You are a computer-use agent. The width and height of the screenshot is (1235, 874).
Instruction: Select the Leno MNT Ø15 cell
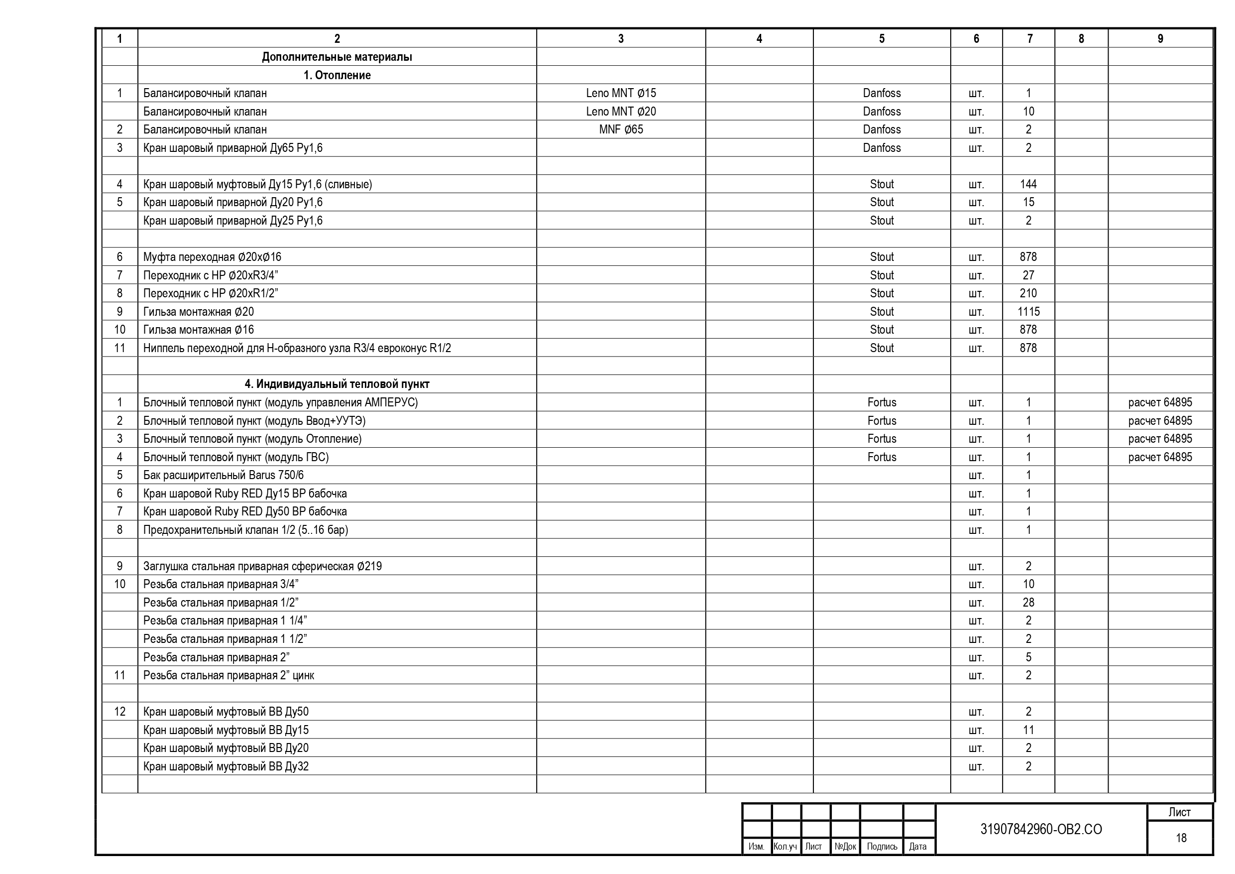click(x=621, y=93)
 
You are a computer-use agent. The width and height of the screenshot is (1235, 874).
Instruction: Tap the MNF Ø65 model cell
click(x=621, y=129)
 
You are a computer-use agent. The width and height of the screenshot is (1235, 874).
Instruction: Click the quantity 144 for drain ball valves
click(x=1028, y=184)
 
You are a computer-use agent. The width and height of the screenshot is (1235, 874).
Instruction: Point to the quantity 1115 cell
click(x=1028, y=312)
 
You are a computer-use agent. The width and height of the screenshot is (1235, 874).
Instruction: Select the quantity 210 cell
click(x=1028, y=293)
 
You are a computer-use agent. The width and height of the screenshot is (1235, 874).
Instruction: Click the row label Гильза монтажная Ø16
click(x=199, y=330)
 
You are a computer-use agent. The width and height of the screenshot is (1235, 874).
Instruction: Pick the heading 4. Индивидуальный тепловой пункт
click(x=337, y=384)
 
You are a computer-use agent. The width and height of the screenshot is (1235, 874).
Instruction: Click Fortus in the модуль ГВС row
click(x=882, y=457)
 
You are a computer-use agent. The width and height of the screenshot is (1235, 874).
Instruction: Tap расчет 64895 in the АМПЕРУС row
click(x=1160, y=402)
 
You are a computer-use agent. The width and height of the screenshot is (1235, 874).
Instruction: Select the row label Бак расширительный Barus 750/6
click(x=223, y=475)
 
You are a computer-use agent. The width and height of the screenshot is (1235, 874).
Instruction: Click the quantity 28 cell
click(x=1028, y=603)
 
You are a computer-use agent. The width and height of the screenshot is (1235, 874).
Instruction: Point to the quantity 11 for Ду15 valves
click(x=1028, y=730)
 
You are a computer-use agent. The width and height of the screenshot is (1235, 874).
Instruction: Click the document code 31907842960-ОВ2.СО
click(x=1041, y=829)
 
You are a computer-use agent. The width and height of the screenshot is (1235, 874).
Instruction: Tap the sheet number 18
click(x=1181, y=838)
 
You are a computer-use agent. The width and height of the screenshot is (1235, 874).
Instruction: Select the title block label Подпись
click(x=882, y=847)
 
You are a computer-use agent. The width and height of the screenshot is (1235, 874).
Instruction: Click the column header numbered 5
click(x=882, y=39)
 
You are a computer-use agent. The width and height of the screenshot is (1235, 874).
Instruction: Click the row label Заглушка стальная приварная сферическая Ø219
click(x=262, y=566)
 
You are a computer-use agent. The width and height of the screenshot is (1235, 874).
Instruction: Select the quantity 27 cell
click(x=1028, y=275)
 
